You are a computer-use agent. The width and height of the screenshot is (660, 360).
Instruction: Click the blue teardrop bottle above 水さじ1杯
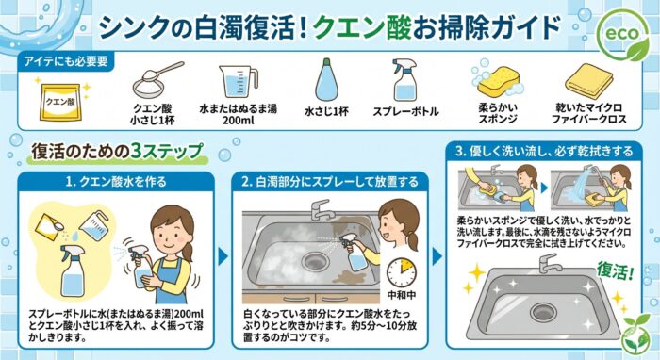[x=325, y=82]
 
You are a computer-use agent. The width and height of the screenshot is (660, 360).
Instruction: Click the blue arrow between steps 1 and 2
[x=223, y=254]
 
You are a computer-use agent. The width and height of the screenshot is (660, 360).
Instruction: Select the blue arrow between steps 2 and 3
[x=437, y=254]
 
